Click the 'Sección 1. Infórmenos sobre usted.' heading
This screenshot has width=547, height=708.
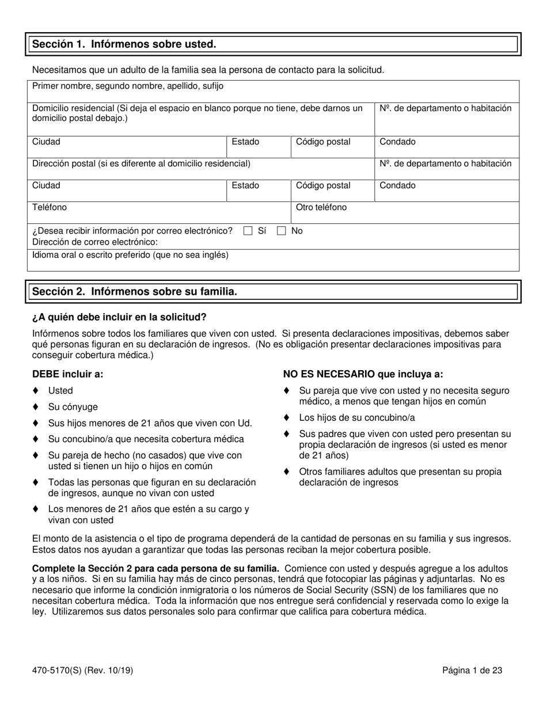click(124, 44)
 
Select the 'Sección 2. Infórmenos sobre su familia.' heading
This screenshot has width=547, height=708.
click(135, 292)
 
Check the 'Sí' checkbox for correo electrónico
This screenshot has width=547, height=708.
click(248, 231)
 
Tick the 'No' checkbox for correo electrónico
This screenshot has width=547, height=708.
click(282, 231)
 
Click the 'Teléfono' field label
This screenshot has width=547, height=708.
click(50, 207)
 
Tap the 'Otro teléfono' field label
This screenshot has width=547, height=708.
click(321, 207)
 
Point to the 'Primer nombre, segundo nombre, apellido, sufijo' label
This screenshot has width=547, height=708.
click(128, 86)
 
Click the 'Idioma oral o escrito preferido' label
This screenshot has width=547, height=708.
click(130, 254)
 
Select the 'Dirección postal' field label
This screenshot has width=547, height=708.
click(141, 163)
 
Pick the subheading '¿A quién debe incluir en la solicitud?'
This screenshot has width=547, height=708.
click(119, 317)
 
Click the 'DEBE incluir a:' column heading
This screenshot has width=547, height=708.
click(68, 374)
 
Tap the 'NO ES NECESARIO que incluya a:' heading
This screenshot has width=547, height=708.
click(363, 374)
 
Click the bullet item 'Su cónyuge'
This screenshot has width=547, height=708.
click(73, 407)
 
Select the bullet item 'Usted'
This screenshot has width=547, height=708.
click(60, 391)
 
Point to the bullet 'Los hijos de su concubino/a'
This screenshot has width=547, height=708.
click(357, 418)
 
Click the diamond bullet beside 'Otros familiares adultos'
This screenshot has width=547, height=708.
click(287, 472)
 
